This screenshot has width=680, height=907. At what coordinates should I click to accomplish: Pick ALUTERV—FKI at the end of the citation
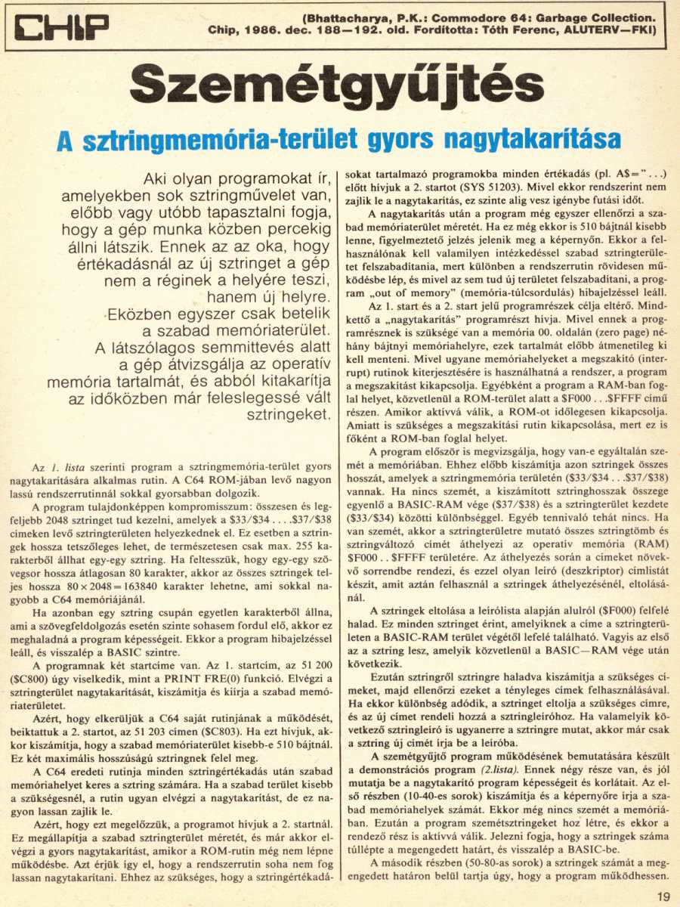(608, 31)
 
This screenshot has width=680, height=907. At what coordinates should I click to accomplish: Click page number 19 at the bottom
(663, 896)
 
